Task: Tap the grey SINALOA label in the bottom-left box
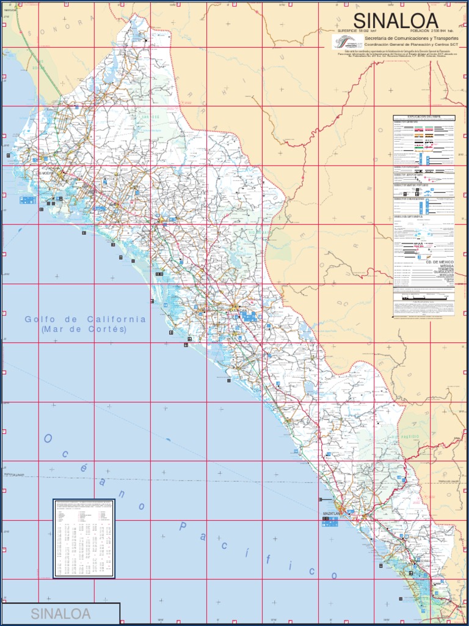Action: pos(60,613)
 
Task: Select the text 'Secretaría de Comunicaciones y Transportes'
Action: pos(407,38)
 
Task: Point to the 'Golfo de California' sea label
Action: pos(85,320)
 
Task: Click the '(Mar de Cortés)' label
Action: pos(84,329)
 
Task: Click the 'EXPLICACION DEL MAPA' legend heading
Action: pos(424,117)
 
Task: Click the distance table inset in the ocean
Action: pos(84,538)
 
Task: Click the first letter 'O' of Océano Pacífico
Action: pos(48,439)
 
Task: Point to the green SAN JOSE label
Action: pos(143,114)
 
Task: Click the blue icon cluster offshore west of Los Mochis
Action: pos(27,199)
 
